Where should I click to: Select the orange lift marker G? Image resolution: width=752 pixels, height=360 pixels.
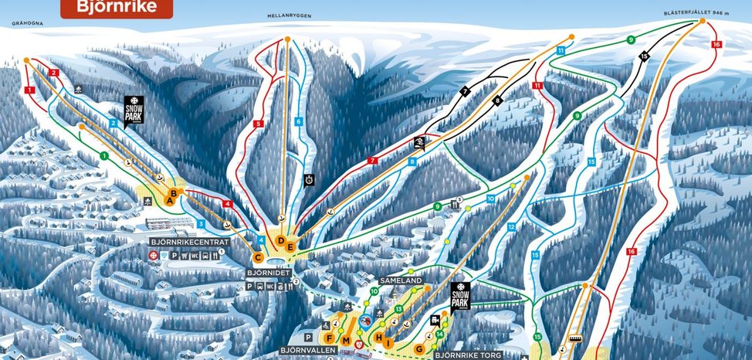pyautogui.click(x=419, y=348)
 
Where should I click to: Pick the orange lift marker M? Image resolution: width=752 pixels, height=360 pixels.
pyautogui.click(x=347, y=341)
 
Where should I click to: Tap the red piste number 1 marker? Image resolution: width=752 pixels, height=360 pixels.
pyautogui.click(x=29, y=90)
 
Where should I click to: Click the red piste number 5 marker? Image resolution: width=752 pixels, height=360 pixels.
pyautogui.click(x=259, y=123)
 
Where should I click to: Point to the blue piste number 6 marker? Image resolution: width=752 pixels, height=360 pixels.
pyautogui.click(x=298, y=121)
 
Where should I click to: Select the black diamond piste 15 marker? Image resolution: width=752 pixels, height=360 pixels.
pyautogui.click(x=645, y=56)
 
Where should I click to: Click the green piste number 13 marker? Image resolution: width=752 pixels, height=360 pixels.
pyautogui.click(x=398, y=309)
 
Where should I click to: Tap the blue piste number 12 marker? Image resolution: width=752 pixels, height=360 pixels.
pyautogui.click(x=510, y=227)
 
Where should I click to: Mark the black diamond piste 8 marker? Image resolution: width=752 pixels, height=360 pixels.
pyautogui.click(x=498, y=100)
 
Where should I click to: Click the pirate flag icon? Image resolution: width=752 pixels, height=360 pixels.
pyautogui.click(x=418, y=143)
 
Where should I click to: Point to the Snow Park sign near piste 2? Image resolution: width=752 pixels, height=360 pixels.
pyautogui.click(x=134, y=108)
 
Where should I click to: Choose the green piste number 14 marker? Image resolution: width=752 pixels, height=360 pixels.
pyautogui.click(x=439, y=334)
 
